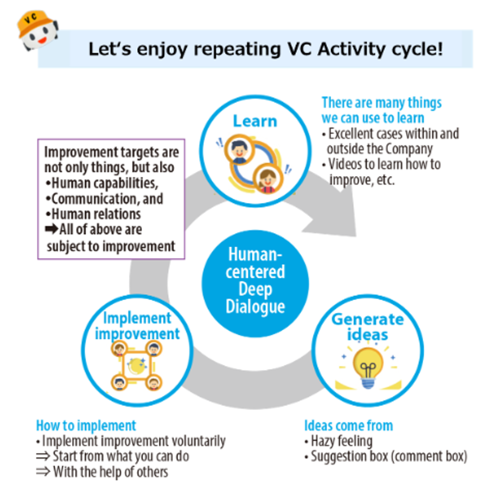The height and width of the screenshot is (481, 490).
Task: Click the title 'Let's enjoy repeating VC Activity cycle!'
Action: coord(265,49)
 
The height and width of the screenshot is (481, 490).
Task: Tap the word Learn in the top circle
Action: coord(254,120)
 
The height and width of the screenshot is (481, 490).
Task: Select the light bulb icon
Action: coord(368,367)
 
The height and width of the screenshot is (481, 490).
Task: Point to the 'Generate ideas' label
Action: coord(368,326)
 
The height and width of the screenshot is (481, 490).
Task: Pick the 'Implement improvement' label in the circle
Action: coord(137,325)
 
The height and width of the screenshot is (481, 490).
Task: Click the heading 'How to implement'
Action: coord(86,425)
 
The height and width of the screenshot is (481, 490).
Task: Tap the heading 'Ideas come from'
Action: coord(348,425)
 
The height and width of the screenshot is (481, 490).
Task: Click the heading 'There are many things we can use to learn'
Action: coord(381,110)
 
